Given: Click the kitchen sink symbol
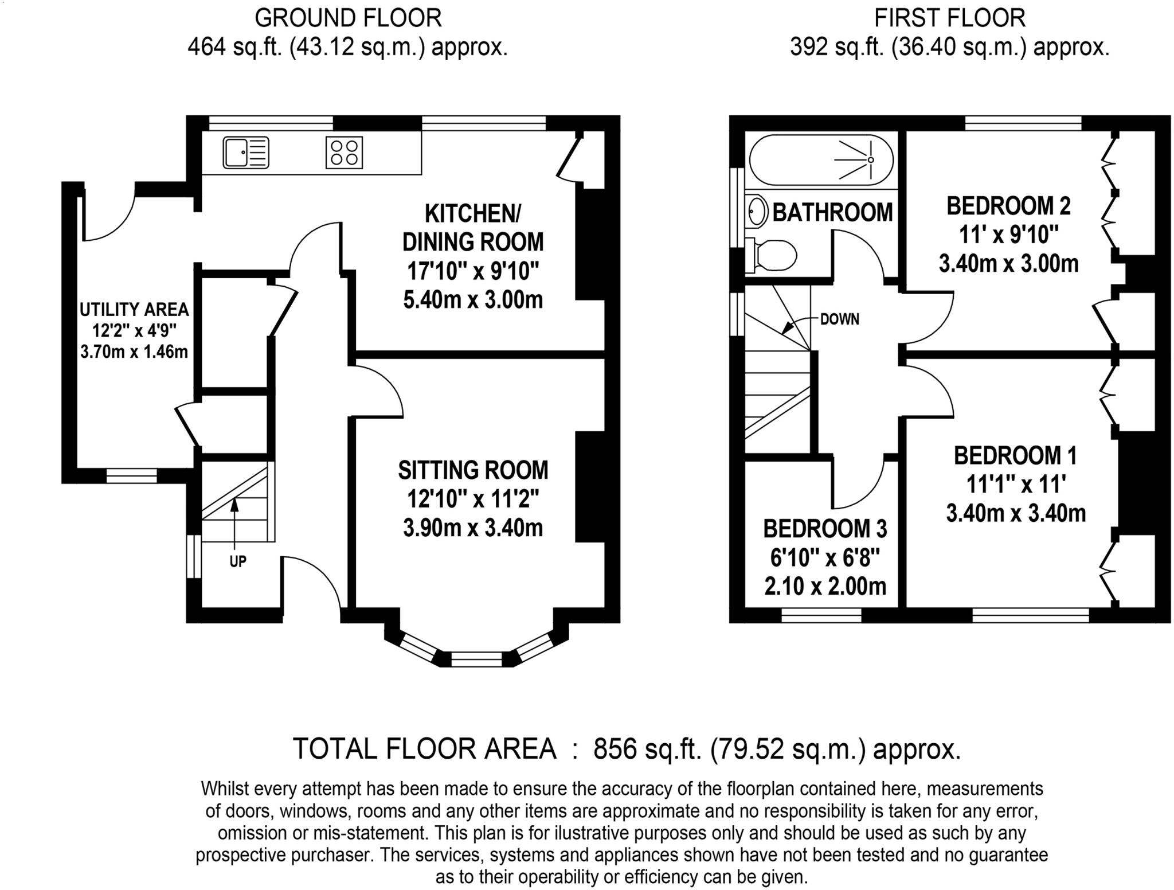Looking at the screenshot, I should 245,153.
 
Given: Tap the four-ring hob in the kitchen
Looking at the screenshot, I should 344,153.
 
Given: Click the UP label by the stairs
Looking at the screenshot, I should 237,561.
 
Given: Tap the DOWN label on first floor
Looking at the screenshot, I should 839,319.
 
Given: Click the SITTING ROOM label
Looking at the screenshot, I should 473,470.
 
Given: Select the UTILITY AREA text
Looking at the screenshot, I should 134,310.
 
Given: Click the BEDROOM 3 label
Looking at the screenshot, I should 825,529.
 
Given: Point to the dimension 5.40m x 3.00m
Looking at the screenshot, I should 473,300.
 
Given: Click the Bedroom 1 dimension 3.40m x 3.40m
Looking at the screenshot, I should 1015,513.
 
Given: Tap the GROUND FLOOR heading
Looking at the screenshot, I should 348,18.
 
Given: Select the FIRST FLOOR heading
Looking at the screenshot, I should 949,18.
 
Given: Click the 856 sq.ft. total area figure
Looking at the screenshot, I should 647,749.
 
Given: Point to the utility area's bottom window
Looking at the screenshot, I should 131,475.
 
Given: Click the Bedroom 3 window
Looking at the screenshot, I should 821,615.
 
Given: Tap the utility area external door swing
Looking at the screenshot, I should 109,215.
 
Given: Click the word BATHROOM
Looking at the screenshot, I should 832,212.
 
